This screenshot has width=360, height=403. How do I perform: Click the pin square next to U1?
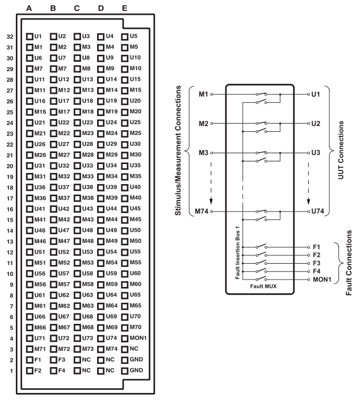pos(30,36)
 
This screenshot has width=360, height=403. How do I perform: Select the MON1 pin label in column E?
pos(138,338)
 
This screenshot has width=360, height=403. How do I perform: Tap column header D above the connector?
pos(101,8)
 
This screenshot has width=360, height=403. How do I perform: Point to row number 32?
pos(10,37)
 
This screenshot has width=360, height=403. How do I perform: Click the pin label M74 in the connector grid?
pos(111,349)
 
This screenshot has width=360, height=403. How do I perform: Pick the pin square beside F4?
pos(53,371)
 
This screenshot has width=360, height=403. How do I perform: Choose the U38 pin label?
pos(88,187)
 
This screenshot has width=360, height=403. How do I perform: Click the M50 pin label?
pos(136,241)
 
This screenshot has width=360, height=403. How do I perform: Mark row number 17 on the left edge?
pos(10,199)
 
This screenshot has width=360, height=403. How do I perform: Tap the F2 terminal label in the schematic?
pos(317,255)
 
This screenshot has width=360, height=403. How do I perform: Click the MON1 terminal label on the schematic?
pos(322,280)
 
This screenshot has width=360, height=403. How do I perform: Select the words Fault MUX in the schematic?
pos(263,286)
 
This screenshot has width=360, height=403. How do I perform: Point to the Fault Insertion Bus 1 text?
pos(238,253)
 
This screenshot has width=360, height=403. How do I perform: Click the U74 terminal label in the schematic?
pos(318,212)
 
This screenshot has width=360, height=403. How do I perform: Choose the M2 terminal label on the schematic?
pos(203,123)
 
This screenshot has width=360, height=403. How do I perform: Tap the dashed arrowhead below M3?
pos(211,201)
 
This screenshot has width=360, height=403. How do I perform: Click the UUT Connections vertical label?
pos(340,150)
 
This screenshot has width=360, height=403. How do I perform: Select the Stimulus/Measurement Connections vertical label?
pos(178,150)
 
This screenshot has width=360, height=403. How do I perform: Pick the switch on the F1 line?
pos(261,246)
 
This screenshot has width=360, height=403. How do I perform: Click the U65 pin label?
pos(135,295)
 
